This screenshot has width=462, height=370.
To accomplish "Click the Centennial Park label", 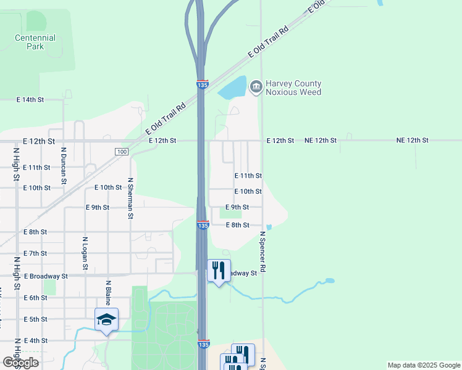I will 35,42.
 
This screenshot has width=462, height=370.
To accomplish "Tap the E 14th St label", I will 30,99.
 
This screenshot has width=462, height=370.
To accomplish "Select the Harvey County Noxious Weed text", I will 293,88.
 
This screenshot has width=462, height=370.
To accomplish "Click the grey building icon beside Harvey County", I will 256,88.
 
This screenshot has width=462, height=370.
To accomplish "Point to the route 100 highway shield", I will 121,152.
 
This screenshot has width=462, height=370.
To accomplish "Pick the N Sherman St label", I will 130,198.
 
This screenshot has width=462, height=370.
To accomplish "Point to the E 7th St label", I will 35,253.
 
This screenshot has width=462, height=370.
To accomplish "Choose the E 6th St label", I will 35,298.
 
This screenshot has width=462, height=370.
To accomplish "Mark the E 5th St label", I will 35,319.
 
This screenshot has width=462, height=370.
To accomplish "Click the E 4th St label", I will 35,340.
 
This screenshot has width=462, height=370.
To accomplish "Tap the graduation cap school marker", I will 107,319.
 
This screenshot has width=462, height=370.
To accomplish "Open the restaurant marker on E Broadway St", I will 219,270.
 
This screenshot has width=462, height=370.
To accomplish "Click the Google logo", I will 20,363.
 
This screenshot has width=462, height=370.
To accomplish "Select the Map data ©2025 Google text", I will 423,365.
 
